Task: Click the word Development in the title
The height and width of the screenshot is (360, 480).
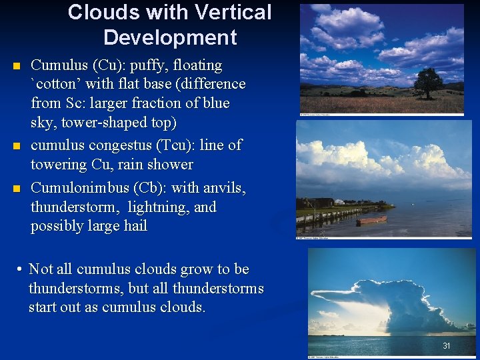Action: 170,37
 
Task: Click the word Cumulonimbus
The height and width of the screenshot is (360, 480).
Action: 75,188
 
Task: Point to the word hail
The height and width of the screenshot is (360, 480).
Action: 133,226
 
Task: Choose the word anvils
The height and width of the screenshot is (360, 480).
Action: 224,188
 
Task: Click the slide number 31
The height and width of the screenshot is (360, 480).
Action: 447,345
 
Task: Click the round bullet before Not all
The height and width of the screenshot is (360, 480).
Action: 21,270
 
